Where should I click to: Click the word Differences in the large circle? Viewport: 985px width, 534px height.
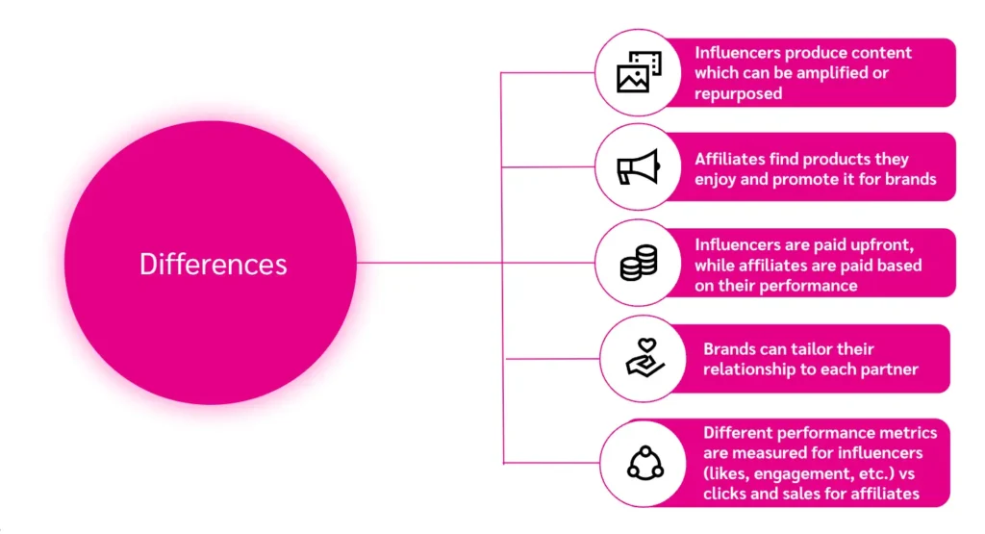213,264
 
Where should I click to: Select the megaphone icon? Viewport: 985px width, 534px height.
638,167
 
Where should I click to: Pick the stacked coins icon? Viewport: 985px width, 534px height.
638,263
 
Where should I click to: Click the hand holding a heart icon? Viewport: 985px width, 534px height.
640,358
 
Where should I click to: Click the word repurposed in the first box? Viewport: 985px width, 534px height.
738,94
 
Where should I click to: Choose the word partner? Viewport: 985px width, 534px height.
890,370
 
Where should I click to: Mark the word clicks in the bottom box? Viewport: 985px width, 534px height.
727,495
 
